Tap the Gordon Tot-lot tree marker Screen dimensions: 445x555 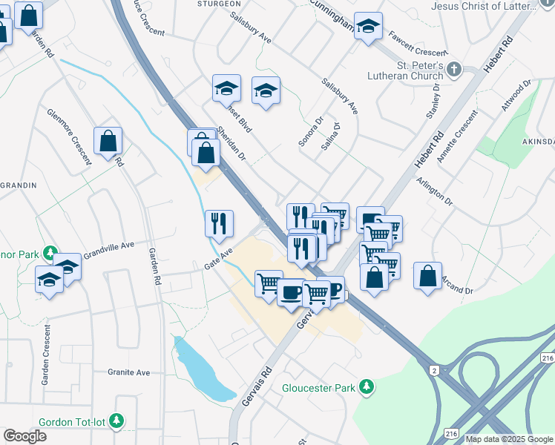pos(116,422)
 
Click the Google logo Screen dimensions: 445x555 pos(24,436)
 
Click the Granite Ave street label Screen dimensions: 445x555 pos(129,372)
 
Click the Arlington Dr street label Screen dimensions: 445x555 pos(434,191)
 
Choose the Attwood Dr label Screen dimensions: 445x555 pos(516,96)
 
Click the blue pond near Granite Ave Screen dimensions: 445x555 pos(200,367)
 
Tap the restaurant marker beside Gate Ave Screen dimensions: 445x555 pos(220,222)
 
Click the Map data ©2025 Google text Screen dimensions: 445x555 pos(510,439)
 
